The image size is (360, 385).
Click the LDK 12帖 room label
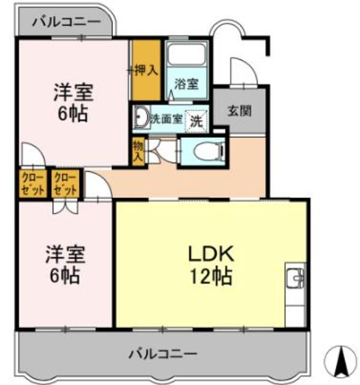click(210, 265)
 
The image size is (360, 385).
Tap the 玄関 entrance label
click(239, 111)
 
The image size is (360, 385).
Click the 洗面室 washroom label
click(166, 119)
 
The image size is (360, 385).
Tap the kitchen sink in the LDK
click(295, 279)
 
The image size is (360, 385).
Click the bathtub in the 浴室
click(186, 55)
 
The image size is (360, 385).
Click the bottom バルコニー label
click(163, 353)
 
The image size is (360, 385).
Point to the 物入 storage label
click(138, 150)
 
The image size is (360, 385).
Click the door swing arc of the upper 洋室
click(30, 153)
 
